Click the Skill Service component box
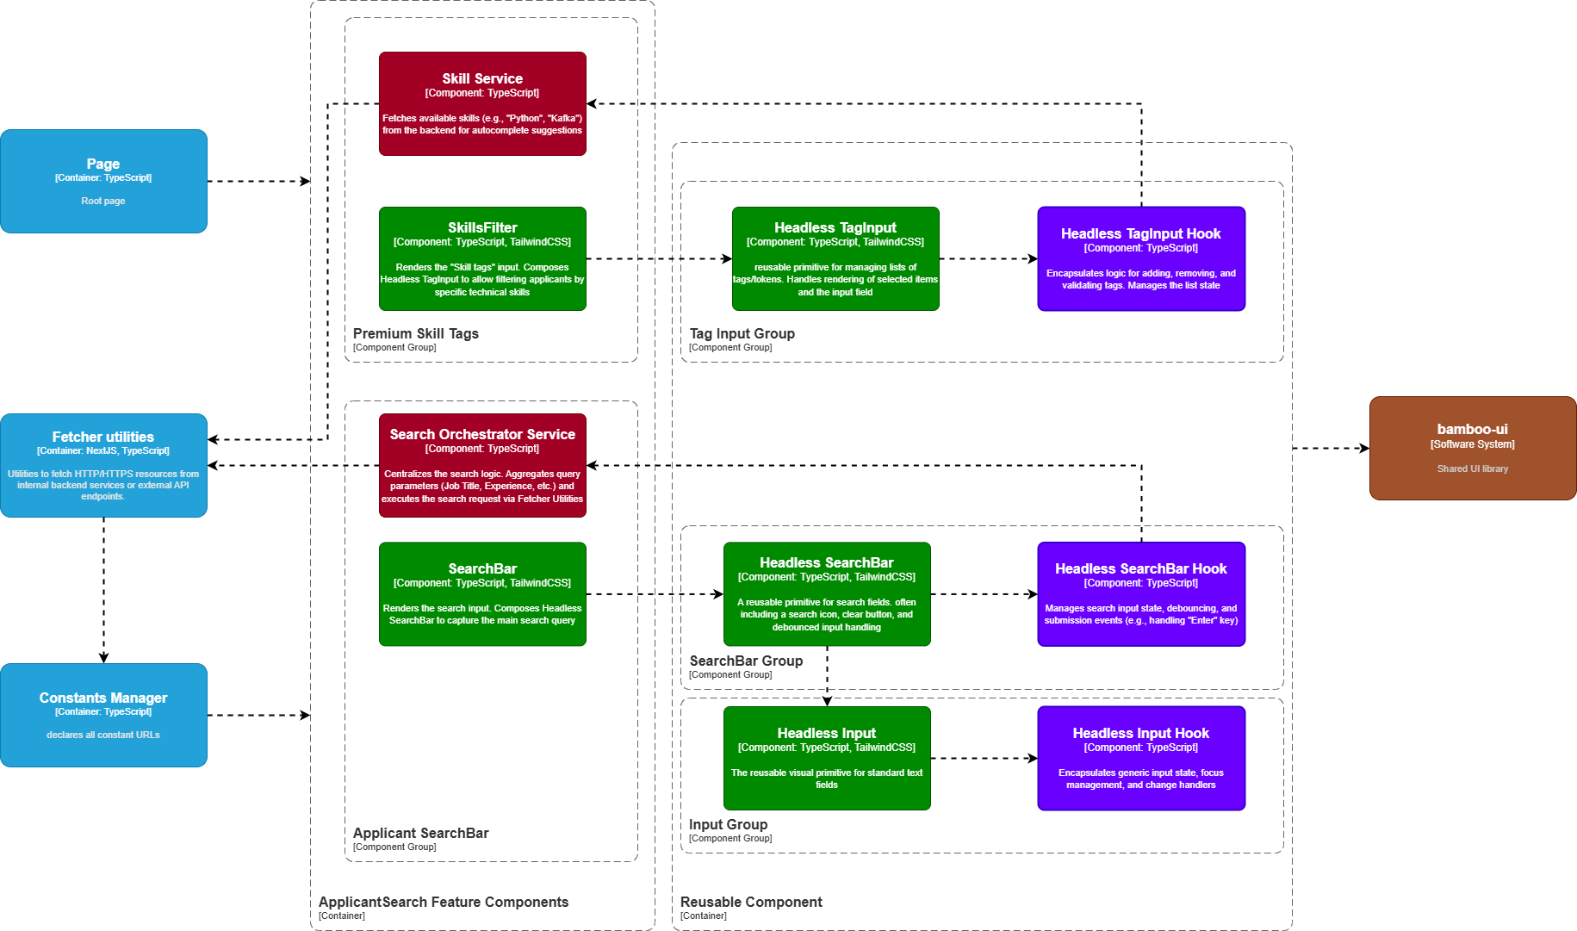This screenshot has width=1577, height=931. point(482,103)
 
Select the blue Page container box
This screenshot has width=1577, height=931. point(103,181)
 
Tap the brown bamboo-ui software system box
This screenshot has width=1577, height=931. point(1472,448)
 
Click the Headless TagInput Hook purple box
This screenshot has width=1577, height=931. point(1140,258)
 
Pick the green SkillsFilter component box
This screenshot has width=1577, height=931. point(482,258)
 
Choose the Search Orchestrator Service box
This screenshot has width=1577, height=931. point(482,465)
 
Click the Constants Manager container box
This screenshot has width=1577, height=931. point(103,715)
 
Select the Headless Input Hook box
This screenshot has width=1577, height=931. point(1140,758)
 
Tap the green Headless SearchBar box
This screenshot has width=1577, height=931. point(827,593)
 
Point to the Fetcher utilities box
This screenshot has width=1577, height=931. point(103,465)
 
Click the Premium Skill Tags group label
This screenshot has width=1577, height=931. point(415,334)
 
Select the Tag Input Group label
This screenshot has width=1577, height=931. point(742,334)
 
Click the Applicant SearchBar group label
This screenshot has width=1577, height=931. point(420,834)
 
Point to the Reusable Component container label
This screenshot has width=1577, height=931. point(751,903)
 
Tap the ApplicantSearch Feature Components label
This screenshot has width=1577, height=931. point(444,903)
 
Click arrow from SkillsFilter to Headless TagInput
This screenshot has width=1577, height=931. point(659,258)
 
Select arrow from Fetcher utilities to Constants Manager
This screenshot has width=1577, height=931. point(103,590)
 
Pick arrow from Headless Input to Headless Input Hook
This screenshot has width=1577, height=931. point(984,759)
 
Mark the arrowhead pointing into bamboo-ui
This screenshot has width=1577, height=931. point(1364,448)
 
